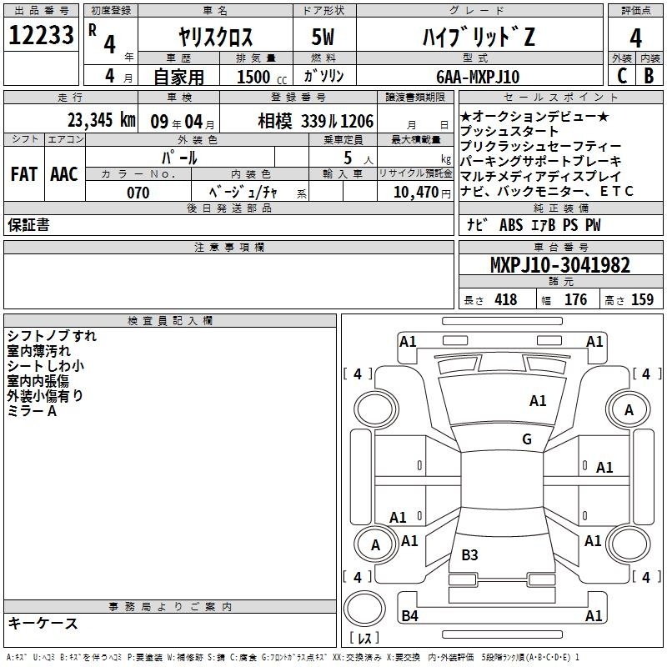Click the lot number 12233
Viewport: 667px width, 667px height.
tap(41, 35)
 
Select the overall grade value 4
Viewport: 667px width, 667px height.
tap(635, 38)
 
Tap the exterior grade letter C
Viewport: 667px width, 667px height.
tap(622, 76)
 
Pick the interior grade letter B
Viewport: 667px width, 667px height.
tap(649, 76)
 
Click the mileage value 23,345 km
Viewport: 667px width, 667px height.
tap(102, 120)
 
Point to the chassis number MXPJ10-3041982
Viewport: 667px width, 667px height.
tap(560, 265)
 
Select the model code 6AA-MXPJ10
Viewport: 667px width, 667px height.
tap(478, 77)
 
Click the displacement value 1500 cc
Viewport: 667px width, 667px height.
tap(262, 77)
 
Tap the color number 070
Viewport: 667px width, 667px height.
tap(138, 193)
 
